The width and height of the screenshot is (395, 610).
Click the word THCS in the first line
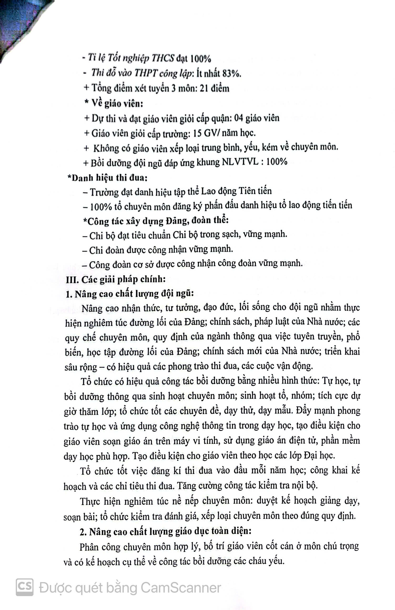pyautogui.click(x=162, y=59)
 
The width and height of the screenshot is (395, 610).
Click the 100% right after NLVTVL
pyautogui.click(x=277, y=162)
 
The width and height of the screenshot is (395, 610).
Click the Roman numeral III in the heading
pyautogui.click(x=71, y=279)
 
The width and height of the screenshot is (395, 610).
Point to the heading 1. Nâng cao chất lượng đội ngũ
pyautogui.click(x=129, y=294)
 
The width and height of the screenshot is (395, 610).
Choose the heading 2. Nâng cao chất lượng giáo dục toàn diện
pyautogui.click(x=165, y=531)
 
